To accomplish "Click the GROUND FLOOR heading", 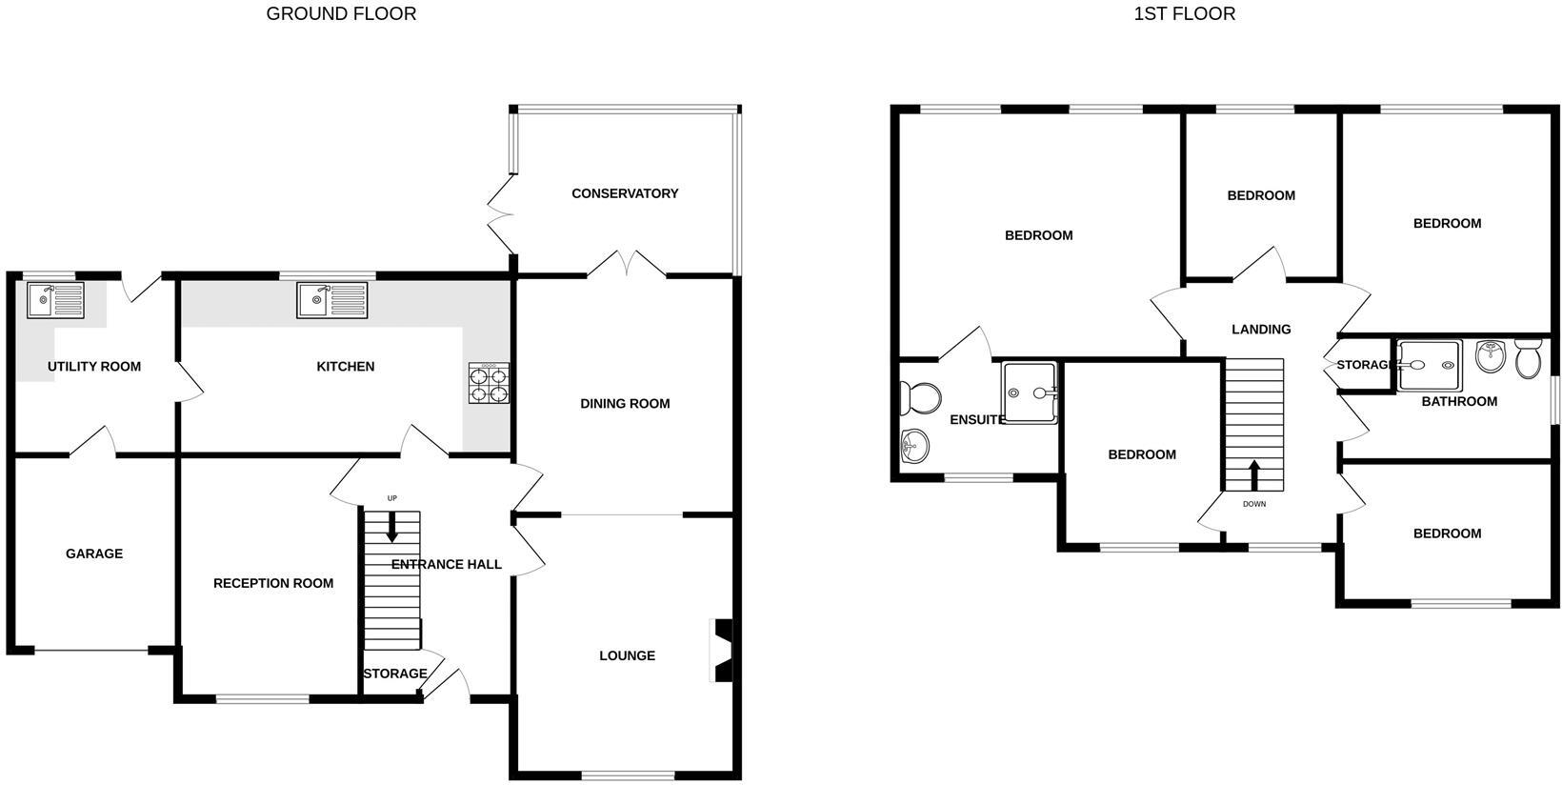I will pos(341,13).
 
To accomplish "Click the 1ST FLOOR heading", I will pos(1184,13).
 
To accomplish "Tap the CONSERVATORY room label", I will pos(625,193).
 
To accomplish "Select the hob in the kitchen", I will pos(489,383).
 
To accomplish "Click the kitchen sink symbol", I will pos(331,300).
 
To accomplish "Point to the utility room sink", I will pos(55,300).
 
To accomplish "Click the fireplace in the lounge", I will pos(724,652).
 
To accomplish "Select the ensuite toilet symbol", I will pos(920,397).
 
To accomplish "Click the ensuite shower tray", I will pos(1030,392).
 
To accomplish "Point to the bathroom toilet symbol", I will pos(1528,358).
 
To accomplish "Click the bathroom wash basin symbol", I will pos(1489,357).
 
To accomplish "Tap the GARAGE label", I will pos(94,554).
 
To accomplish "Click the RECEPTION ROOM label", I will pos(273,583).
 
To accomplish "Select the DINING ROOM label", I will pos(625,404).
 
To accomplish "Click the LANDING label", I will pos(1261,330).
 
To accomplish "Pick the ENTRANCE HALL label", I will pos(447,564).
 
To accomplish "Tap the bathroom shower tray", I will pos(1430,365).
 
